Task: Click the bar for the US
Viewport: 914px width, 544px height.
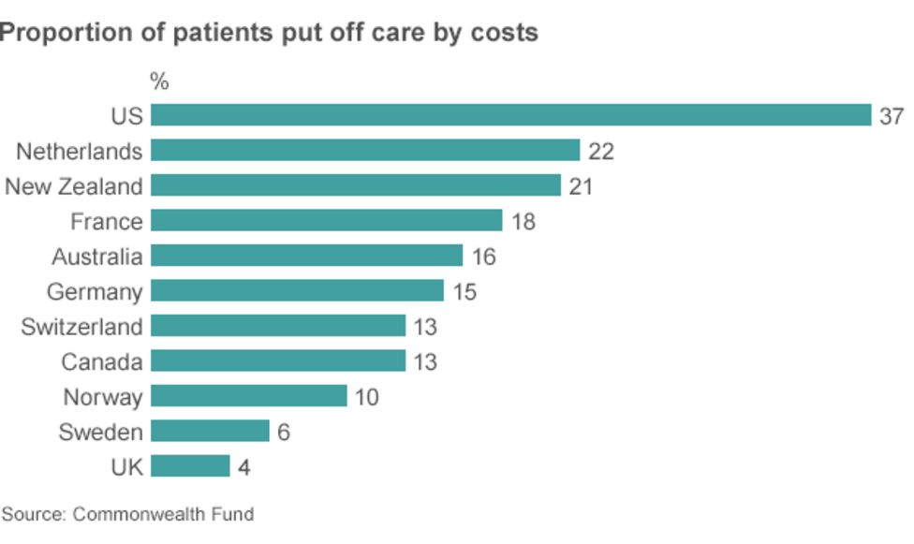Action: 510,115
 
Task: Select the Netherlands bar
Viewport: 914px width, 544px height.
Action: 365,151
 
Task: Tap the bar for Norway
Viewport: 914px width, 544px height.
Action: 248,396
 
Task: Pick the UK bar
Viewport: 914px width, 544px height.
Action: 190,466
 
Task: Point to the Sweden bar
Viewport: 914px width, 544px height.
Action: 210,431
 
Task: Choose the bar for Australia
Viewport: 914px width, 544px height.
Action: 306,256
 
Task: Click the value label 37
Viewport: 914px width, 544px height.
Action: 891,116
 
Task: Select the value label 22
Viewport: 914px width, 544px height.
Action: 600,152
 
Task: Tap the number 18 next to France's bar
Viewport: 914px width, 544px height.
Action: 523,222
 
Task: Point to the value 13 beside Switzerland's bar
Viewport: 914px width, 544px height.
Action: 424,327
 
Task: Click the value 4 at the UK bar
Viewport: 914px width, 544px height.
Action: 243,467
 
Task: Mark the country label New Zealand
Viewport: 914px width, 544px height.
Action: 74,186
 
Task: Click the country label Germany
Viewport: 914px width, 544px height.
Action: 95,292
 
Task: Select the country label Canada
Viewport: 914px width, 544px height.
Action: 102,361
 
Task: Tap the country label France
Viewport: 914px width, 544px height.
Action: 107,222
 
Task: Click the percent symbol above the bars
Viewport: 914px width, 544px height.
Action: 159,82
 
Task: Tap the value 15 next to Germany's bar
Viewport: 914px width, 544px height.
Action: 464,292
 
